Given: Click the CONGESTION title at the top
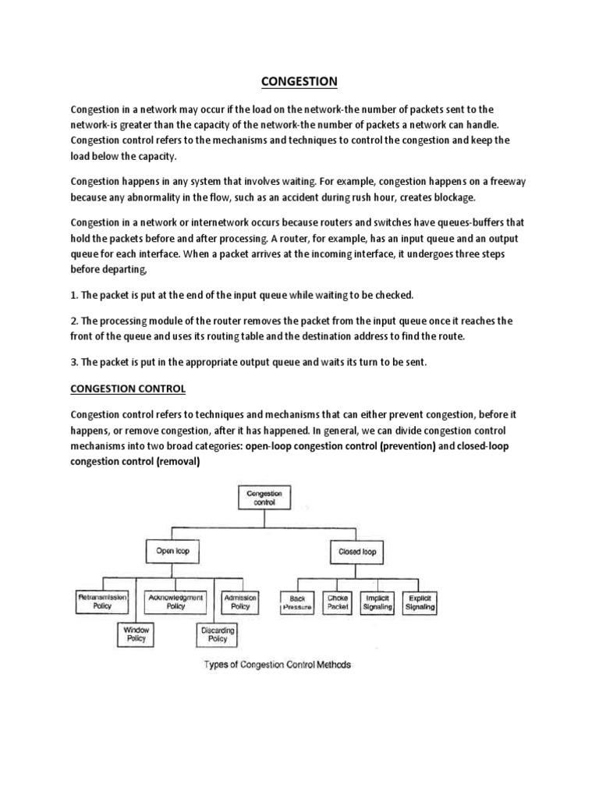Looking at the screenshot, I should pyautogui.click(x=300, y=81).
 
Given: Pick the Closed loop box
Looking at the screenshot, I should pyautogui.click(x=357, y=551).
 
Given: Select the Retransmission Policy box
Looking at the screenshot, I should pyautogui.click(x=102, y=601).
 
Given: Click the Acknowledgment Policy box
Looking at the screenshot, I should pyautogui.click(x=175, y=601).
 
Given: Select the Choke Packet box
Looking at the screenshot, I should pyautogui.click(x=338, y=602).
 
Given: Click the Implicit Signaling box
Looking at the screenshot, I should pyautogui.click(x=377, y=602).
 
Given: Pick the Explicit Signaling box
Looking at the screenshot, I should pyautogui.click(x=419, y=602).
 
